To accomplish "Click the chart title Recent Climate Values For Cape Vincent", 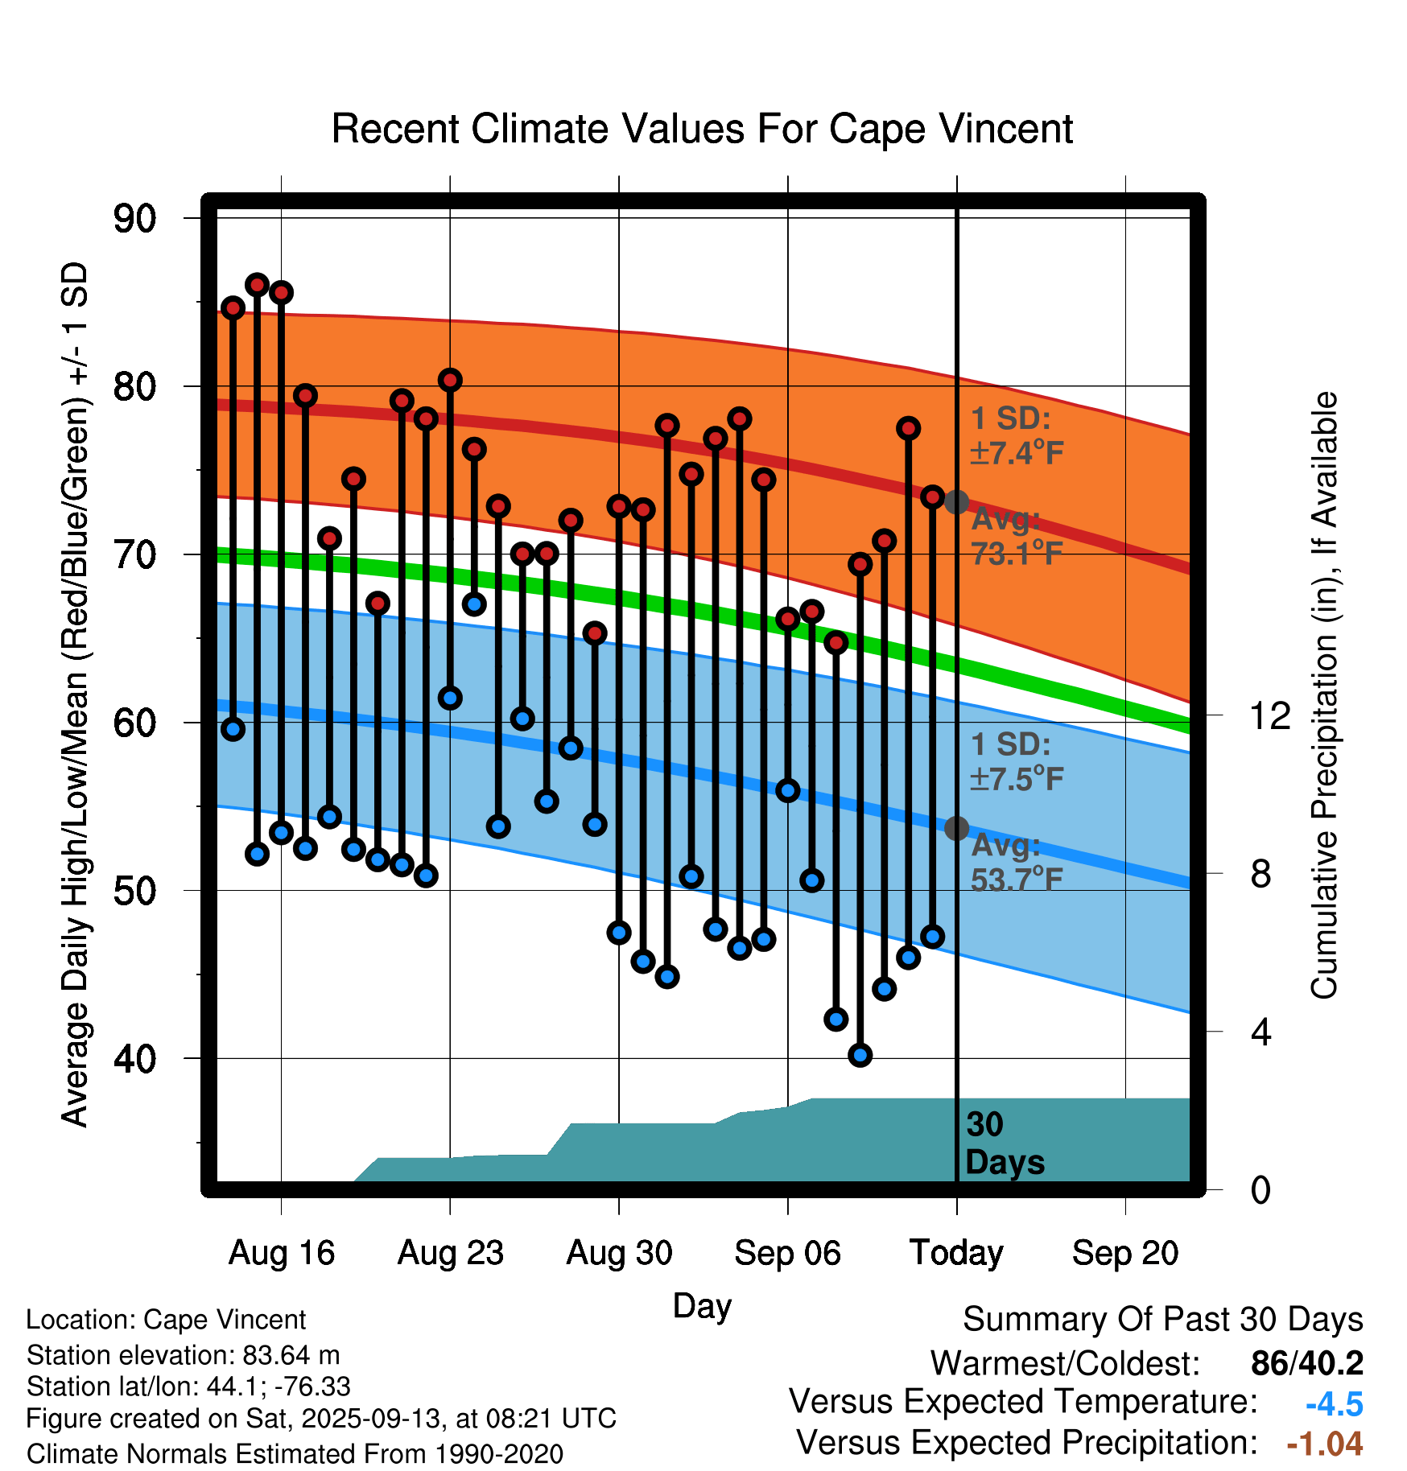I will (x=702, y=129).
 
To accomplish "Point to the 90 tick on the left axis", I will (x=135, y=219).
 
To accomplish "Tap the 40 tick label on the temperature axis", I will (x=135, y=1059).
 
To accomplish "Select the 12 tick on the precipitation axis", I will (x=1270, y=715).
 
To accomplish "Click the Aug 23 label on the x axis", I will (x=450, y=1253).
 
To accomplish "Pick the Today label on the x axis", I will (x=956, y=1253).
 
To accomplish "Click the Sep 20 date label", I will (x=1124, y=1253).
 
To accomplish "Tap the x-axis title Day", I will (x=702, y=1305).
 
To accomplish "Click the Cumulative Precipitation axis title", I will (x=1323, y=695).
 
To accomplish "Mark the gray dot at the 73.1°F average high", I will (x=956, y=502).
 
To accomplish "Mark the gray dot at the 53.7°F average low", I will (x=956, y=828).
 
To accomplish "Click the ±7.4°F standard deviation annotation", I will (x=1017, y=453).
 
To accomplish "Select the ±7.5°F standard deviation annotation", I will (x=1017, y=779).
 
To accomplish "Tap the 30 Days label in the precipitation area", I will (x=1004, y=1143).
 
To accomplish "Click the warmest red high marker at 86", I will (x=257, y=284).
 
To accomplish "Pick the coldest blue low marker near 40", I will (x=860, y=1055).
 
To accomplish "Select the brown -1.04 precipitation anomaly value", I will (x=1324, y=1444).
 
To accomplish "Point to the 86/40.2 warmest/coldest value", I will (x=1306, y=1363).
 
